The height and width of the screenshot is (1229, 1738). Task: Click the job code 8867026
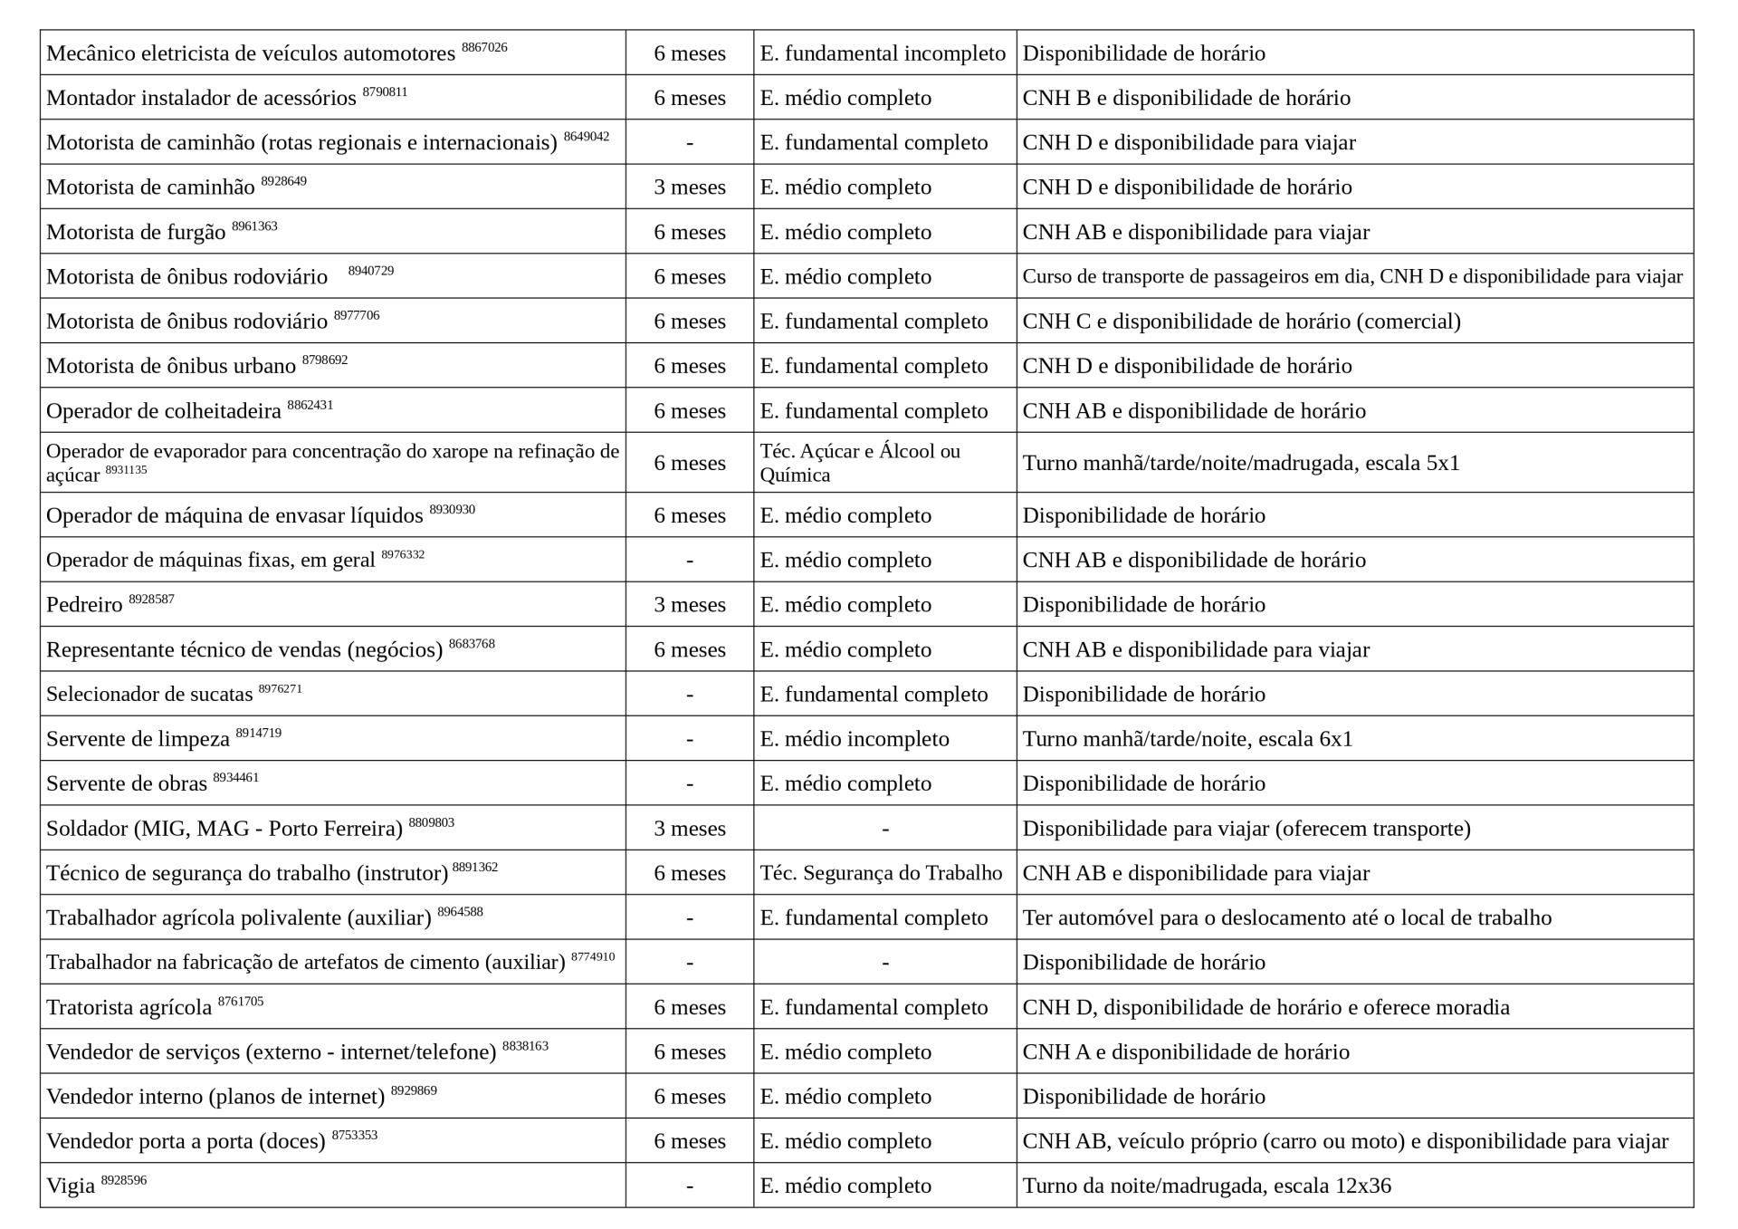[x=484, y=47]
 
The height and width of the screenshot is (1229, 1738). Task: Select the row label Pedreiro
[x=84, y=605]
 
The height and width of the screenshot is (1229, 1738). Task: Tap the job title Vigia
[x=71, y=1186]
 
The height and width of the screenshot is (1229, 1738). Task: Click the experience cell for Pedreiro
[x=690, y=605]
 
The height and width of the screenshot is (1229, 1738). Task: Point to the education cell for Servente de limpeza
[x=855, y=739]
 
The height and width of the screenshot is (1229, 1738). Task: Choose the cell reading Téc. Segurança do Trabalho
[x=881, y=873]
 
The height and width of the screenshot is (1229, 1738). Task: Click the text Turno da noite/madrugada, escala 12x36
[x=1207, y=1186]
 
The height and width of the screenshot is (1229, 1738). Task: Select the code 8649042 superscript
[x=587, y=137]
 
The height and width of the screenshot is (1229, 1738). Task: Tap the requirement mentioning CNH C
[x=1241, y=322]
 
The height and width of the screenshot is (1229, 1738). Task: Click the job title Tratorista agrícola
[x=129, y=1008]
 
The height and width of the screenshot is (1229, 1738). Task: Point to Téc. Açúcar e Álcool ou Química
[x=860, y=463]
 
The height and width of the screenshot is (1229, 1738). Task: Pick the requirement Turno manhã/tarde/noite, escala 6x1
[x=1188, y=739]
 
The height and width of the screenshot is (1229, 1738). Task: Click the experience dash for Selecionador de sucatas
[x=690, y=695]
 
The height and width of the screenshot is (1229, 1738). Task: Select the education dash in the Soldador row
[x=884, y=829]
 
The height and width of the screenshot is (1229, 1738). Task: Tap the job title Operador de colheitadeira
[x=164, y=411]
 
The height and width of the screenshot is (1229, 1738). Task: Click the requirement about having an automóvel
[x=1286, y=918]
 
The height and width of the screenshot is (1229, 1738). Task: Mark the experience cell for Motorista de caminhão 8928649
[x=690, y=187]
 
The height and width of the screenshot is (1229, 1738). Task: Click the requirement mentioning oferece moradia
[x=1265, y=1008]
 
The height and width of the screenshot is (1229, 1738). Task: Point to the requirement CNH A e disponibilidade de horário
[x=1186, y=1052]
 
